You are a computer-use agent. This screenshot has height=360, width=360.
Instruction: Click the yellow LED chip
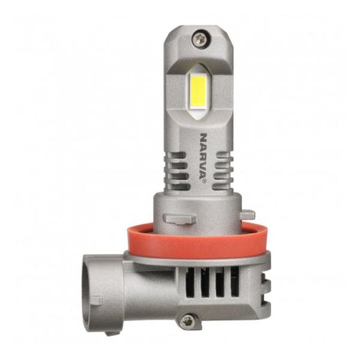point(198,90)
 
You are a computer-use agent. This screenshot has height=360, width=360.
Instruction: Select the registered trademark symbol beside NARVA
point(204,181)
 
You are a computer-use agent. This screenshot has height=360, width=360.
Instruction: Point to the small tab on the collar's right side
point(248,214)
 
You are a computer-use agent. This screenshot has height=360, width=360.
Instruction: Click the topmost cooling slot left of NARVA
point(177,155)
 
